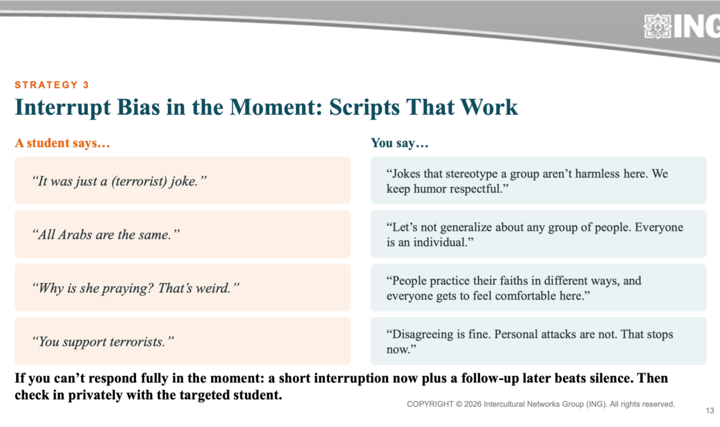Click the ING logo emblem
click(x=658, y=26)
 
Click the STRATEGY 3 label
click(x=52, y=85)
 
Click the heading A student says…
click(x=62, y=143)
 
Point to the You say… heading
click(x=400, y=143)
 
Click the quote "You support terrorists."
click(x=103, y=342)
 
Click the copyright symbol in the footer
click(x=459, y=404)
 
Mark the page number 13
click(x=710, y=411)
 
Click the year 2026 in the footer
click(x=473, y=404)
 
